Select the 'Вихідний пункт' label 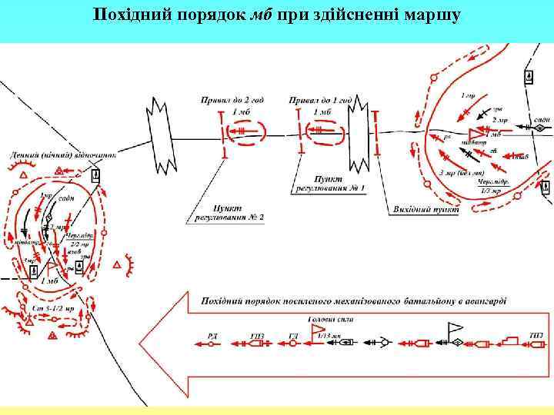[426, 209]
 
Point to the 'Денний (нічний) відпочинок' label [62, 154]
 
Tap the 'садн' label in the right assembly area [541, 121]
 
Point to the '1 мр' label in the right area [467, 96]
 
